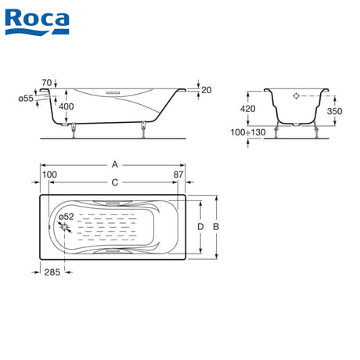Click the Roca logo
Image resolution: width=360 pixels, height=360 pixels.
[x=37, y=22]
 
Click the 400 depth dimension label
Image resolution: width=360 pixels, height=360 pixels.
[x=67, y=106]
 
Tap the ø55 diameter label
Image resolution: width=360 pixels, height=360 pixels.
[x=26, y=99]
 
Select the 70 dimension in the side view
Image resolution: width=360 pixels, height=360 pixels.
[x=47, y=83]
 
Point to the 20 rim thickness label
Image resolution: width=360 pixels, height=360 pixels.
[x=207, y=90]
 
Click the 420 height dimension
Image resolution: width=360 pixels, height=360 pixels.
[x=248, y=109]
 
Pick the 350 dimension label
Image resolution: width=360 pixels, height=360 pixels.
[x=335, y=111]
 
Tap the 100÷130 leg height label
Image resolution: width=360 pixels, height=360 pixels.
[x=248, y=132]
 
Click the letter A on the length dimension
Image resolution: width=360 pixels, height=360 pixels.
[x=115, y=164]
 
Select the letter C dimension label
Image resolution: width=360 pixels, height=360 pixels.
[x=115, y=182]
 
